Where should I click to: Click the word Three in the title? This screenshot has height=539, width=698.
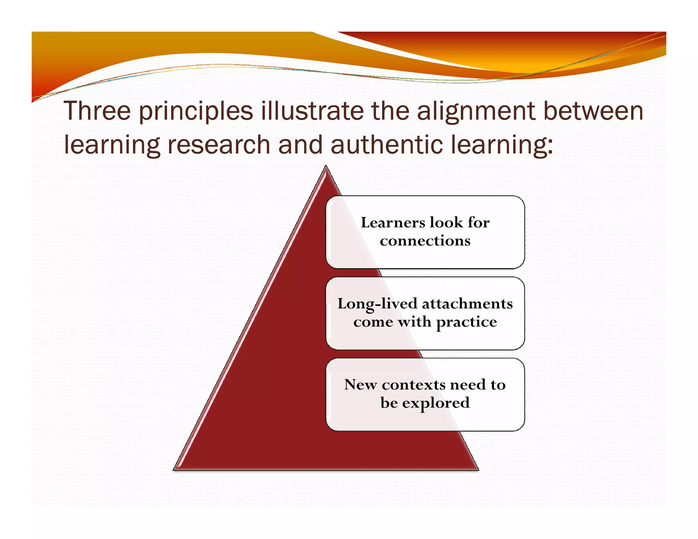97,111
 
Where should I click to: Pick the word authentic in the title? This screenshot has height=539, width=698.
387,144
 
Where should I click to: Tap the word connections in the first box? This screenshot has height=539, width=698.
425,241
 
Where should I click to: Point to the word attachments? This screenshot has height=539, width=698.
467,304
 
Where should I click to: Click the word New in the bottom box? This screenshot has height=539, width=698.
360,385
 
